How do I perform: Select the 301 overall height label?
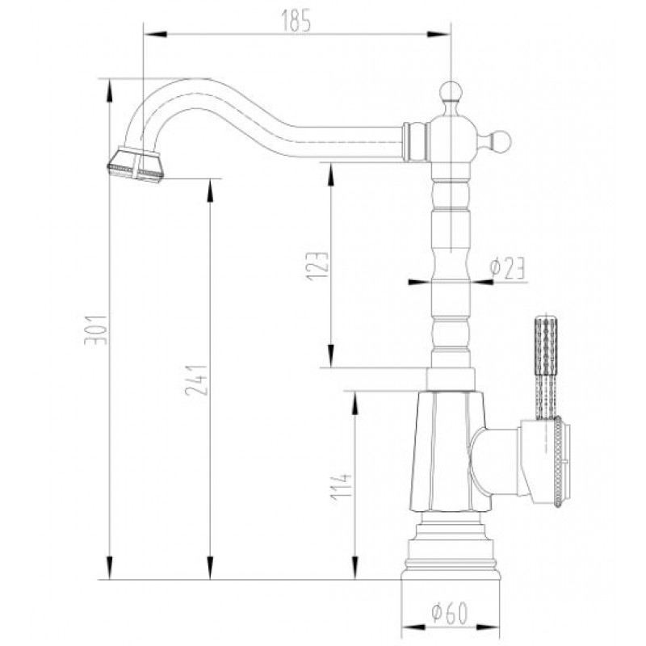95,330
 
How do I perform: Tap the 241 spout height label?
196,380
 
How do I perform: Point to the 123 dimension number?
317,266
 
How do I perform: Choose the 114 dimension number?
341,487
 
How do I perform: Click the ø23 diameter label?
507,268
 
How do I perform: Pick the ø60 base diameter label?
450,613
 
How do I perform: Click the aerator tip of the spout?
136,165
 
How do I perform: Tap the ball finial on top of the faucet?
451,91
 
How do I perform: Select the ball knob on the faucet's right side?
500,141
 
